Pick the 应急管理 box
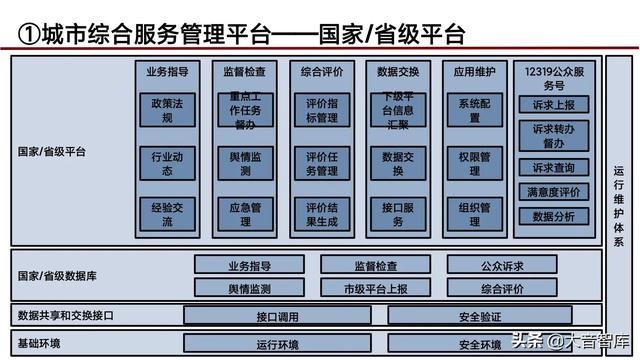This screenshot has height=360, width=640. pyautogui.click(x=244, y=214)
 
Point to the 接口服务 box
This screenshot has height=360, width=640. pyautogui.click(x=398, y=214)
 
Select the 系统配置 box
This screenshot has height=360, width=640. pyautogui.click(x=475, y=110)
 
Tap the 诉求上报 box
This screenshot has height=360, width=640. pyautogui.click(x=554, y=104)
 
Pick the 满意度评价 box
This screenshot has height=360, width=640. pyautogui.click(x=554, y=192)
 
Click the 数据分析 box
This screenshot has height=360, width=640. pyautogui.click(x=554, y=216)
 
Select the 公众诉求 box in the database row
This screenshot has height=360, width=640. pyautogui.click(x=501, y=266)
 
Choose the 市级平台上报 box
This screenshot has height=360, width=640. pyautogui.click(x=375, y=289)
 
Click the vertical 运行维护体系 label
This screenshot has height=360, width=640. pyautogui.click(x=618, y=204)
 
